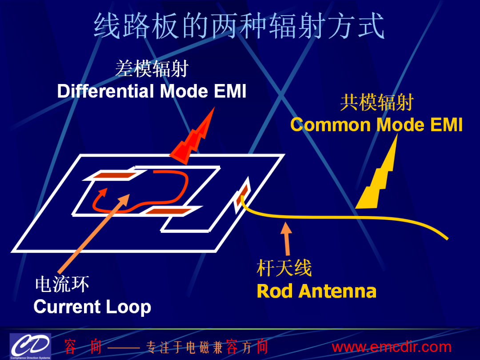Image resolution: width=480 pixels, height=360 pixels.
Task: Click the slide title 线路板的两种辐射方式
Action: coord(239,26)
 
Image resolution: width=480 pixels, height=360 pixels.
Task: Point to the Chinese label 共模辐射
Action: coord(377,102)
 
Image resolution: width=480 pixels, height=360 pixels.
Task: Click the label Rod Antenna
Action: coord(316,291)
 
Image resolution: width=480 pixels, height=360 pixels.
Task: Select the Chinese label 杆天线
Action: coord(284,268)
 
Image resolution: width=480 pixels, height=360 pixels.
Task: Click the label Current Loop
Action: coord(92,307)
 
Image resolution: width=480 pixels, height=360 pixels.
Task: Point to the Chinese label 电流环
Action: coord(62,284)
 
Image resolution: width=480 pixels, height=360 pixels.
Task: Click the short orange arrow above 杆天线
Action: coord(287,239)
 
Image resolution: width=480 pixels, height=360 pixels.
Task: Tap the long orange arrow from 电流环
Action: coord(94,234)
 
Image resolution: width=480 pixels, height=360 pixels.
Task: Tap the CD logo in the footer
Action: coord(30,346)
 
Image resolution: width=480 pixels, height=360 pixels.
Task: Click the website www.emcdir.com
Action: coord(392,347)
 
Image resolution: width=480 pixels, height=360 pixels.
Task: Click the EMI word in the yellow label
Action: coord(446,125)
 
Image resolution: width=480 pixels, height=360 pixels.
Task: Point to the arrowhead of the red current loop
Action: coord(101,193)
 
